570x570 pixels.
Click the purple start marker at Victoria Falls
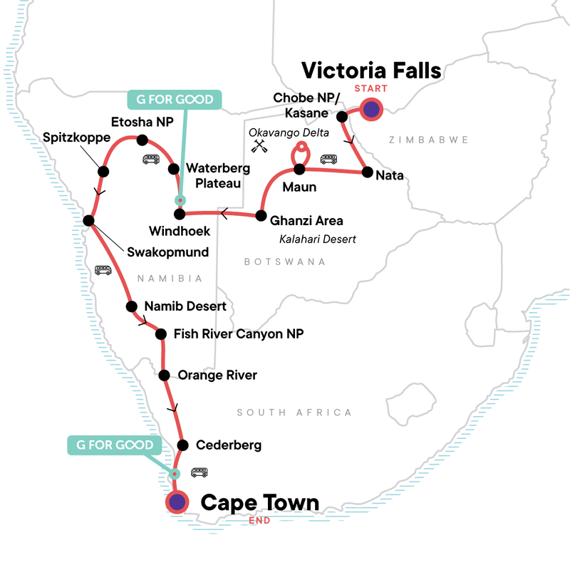tap(371, 109)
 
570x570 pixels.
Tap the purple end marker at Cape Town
tap(176, 502)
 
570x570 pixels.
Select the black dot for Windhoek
tap(180, 214)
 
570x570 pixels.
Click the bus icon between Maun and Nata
tap(328, 160)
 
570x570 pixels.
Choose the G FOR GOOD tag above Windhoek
tap(165, 98)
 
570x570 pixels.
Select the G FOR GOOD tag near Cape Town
tap(111, 445)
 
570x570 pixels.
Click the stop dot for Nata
tap(366, 172)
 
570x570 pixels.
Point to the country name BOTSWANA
tap(284, 262)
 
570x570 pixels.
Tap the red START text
tap(370, 88)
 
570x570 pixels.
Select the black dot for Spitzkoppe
tap(103, 171)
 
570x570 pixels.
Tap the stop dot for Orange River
tap(165, 375)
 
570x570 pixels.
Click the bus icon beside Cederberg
tap(199, 472)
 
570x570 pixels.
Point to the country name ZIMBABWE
tap(420, 142)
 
